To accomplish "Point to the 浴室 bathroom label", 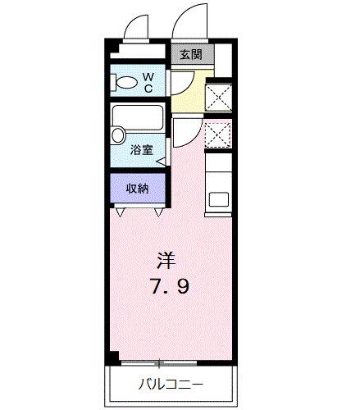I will [x=141, y=149].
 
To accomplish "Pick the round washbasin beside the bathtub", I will [x=118, y=134].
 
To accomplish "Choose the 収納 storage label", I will [x=137, y=189].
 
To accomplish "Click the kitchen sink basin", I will [x=220, y=198].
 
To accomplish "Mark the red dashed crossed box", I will [x=218, y=134].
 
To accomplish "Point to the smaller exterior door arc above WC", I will [x=134, y=27].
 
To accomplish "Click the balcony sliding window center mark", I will [x=161, y=362].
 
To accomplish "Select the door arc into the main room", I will [x=185, y=131].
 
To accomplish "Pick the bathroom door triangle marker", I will [x=162, y=162].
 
